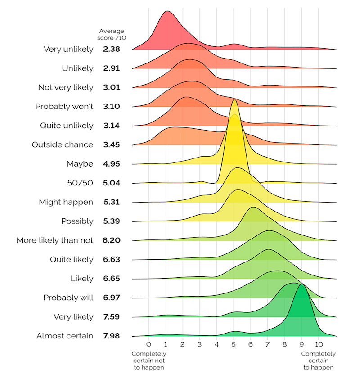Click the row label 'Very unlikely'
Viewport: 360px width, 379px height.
[68, 49]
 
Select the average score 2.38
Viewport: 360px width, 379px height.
[111, 49]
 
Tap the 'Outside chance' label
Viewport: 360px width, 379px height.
[63, 145]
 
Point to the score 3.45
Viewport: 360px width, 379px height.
[111, 145]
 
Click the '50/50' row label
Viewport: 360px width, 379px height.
[80, 183]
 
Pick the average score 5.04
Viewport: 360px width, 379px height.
[111, 183]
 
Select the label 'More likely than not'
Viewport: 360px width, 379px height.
[55, 240]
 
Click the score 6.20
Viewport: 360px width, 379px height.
[111, 240]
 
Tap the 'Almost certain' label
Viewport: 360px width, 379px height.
[65, 336]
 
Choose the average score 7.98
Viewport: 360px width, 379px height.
[111, 336]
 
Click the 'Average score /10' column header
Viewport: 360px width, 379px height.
[112, 34]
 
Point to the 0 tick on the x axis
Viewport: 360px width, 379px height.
[149, 345]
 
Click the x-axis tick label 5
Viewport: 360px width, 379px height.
[234, 345]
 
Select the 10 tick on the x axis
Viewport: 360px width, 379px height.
[318, 345]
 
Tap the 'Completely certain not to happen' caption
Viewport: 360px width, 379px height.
[149, 361]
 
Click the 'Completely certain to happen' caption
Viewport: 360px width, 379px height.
[318, 361]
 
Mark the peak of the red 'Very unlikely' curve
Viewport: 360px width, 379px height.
[166, 11]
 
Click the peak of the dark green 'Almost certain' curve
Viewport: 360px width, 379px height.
[302, 285]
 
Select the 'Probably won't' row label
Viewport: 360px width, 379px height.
[64, 107]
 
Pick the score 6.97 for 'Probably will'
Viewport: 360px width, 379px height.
[111, 298]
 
